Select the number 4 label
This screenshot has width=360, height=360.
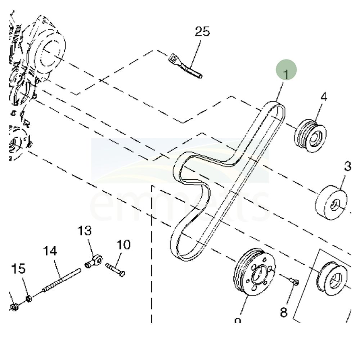point(324,97)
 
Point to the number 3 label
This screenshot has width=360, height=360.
point(348,166)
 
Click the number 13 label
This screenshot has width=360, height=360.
point(85,231)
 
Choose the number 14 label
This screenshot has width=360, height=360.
point(50,251)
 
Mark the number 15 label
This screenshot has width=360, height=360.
point(18,269)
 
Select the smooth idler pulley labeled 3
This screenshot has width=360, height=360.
point(331,203)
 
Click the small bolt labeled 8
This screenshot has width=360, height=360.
point(293,281)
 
